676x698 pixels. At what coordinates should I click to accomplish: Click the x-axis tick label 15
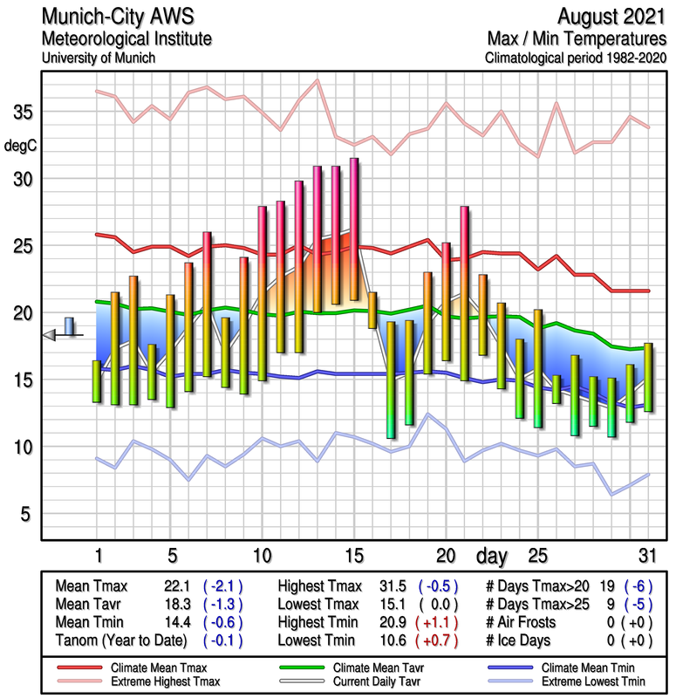pyautogui.click(x=353, y=555)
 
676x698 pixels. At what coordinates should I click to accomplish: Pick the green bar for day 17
pyautogui.click(x=390, y=380)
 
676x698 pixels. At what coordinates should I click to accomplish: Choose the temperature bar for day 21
pyautogui.click(x=464, y=293)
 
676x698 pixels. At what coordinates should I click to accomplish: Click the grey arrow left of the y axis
pyautogui.click(x=50, y=334)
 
